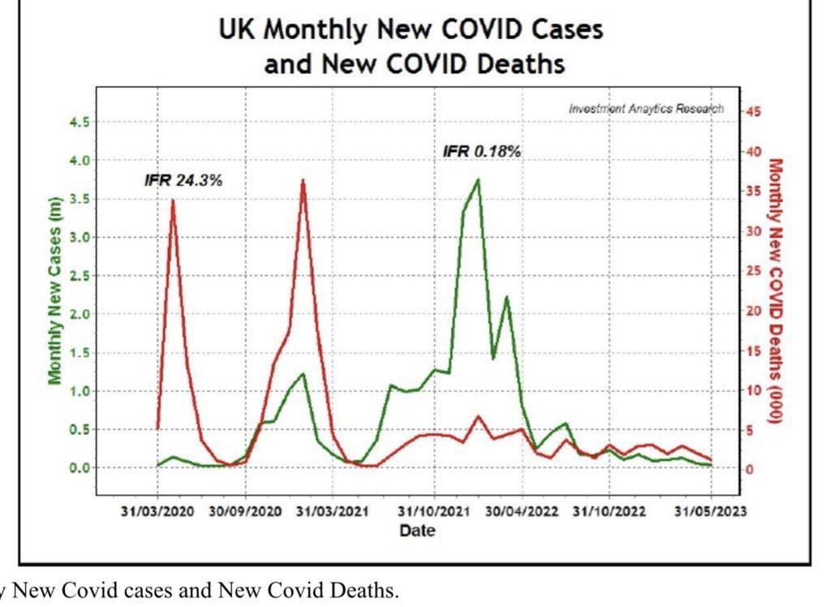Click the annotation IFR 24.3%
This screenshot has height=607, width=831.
click(183, 179)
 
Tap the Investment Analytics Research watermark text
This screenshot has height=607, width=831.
click(646, 108)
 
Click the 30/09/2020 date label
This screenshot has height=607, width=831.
click(245, 512)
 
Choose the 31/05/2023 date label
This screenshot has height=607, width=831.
click(711, 512)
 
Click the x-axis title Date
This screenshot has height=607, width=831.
click(416, 531)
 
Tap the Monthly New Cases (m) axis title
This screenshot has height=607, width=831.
click(55, 290)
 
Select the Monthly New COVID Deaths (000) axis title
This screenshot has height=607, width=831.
click(775, 291)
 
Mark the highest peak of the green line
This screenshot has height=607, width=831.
click(478, 179)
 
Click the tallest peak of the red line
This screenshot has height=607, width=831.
click(303, 180)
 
